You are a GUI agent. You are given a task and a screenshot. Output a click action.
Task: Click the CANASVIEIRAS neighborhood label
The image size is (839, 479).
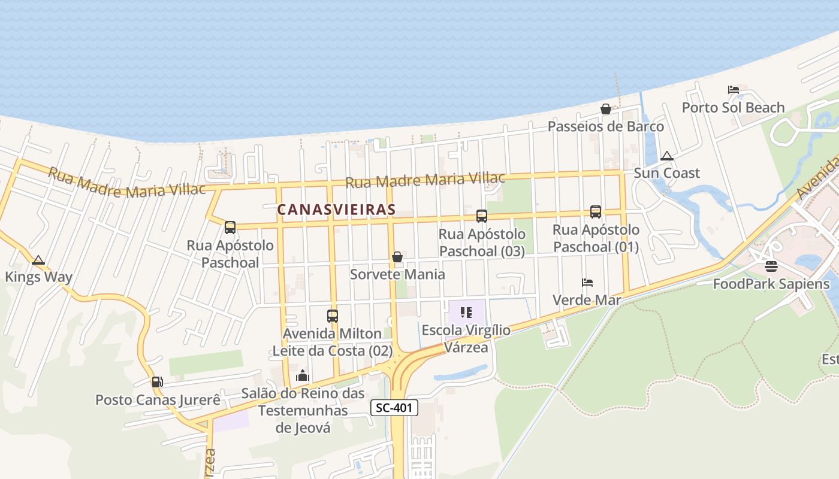pyautogui.click(x=336, y=210)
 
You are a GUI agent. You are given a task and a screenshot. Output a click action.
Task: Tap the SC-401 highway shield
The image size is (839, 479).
pyautogui.click(x=394, y=408)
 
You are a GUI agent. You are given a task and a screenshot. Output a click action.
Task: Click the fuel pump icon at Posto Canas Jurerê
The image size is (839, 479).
pyautogui.click(x=157, y=381)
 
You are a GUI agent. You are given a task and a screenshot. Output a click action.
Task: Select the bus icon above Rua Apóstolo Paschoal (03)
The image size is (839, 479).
pyautogui.click(x=482, y=216)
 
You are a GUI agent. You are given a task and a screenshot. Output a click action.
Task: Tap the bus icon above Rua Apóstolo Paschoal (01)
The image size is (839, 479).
pyautogui.click(x=596, y=212)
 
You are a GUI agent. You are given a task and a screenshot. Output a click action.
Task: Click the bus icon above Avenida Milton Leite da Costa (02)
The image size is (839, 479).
pyautogui.click(x=333, y=316)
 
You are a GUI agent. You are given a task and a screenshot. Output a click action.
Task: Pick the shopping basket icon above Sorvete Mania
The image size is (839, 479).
pyautogui.click(x=397, y=257)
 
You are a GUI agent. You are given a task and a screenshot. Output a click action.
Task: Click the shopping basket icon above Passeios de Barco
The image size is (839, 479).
pyautogui.click(x=606, y=109)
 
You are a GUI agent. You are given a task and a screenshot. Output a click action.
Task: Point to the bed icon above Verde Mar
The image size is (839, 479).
pyautogui.click(x=587, y=282)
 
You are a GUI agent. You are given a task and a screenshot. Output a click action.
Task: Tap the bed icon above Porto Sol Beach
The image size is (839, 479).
pyautogui.click(x=734, y=90)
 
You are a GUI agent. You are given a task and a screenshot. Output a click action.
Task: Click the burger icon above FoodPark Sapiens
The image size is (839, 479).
pyautogui.click(x=771, y=266)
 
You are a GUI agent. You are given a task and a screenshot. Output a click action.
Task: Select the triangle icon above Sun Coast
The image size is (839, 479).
pyautogui.click(x=666, y=156)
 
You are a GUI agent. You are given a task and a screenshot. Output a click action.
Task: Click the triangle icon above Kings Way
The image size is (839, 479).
pyautogui.click(x=38, y=260)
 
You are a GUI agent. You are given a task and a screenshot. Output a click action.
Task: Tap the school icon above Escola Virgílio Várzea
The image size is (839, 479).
pyautogui.click(x=466, y=312)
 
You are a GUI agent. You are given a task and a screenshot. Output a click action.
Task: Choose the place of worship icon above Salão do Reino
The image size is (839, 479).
pyautogui.click(x=303, y=375)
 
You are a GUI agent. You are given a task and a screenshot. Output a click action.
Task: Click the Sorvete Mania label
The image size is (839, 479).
pyautogui.click(x=397, y=274)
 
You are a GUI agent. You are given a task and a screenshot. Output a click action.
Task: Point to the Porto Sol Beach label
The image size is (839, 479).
pyautogui.click(x=733, y=108)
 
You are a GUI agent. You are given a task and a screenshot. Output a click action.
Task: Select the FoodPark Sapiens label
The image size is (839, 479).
pyautogui.click(x=771, y=284)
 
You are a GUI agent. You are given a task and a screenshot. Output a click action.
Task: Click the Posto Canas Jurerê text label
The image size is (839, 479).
pyautogui.click(x=158, y=399)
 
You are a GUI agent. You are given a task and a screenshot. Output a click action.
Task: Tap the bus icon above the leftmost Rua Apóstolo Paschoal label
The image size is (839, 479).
pyautogui.click(x=230, y=228)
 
